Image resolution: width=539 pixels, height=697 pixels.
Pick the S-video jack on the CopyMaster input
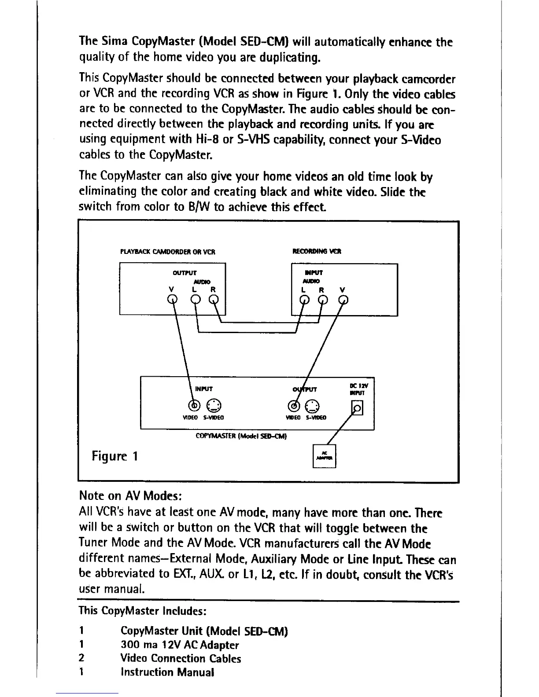coord(212,405)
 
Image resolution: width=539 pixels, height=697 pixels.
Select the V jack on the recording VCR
coord(343,301)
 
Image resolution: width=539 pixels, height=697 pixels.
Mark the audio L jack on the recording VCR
coord(304,301)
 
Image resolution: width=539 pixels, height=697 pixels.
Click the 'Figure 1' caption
coord(115,456)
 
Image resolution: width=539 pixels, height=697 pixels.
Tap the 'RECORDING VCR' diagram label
coord(317,252)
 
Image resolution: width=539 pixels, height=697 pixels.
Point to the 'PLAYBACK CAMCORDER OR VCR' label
coord(167,252)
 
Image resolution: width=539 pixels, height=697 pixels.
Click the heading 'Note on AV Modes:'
coord(130,496)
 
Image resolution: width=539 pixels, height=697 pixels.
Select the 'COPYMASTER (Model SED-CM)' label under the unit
coord(241,436)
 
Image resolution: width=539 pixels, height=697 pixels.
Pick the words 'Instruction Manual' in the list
coord(167,672)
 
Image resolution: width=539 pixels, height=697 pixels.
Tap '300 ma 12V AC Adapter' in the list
coord(180,645)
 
